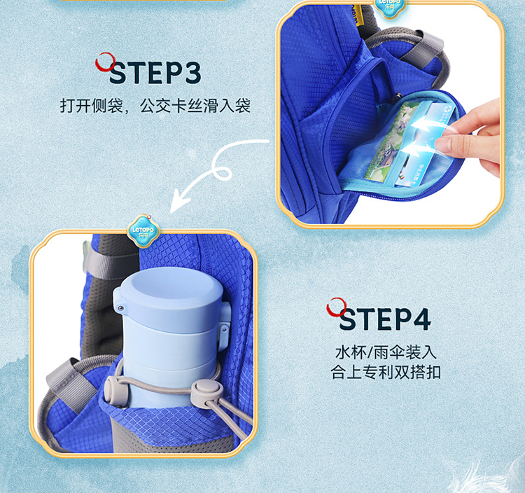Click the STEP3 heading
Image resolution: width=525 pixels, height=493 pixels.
pos(155,72)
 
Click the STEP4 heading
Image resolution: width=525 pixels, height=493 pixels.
pos(385,319)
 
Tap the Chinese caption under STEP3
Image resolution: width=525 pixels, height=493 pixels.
pos(155,106)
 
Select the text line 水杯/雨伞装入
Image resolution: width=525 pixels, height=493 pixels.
pos(386,352)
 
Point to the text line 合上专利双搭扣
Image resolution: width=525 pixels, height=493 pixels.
pos(386,372)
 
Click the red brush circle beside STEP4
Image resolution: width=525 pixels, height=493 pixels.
pos(337,307)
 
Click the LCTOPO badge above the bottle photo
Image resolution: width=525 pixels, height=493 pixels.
pos(143,231)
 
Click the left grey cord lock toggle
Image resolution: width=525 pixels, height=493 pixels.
pos(113,389)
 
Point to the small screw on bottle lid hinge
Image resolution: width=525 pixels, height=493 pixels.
pos(120,307)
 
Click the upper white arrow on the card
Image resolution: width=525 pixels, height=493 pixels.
pos(425,125)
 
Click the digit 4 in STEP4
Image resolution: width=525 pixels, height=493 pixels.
pos(420,319)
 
